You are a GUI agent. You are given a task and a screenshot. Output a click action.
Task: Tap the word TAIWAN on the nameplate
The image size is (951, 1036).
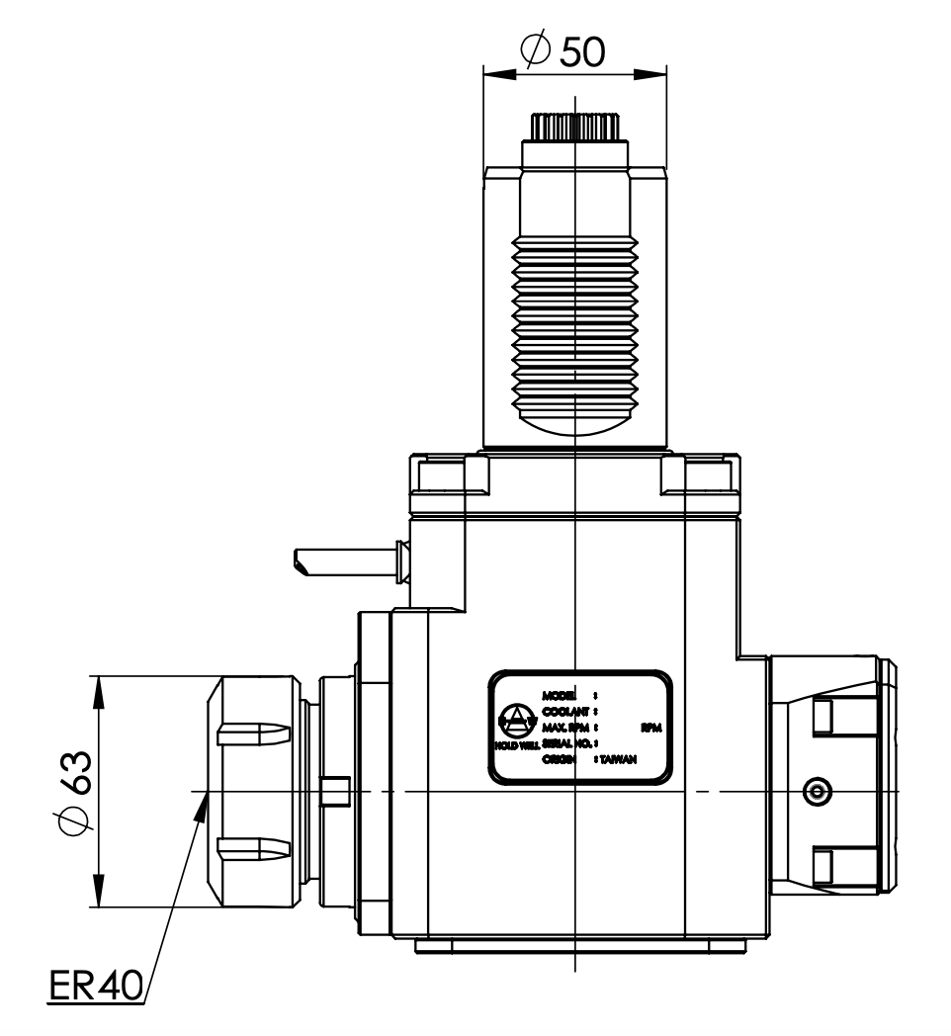pyautogui.click(x=617, y=759)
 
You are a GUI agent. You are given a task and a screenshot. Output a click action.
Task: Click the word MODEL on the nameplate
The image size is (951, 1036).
pyautogui.click(x=560, y=697)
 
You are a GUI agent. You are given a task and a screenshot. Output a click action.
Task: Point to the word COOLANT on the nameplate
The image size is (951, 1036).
pyautogui.click(x=566, y=712)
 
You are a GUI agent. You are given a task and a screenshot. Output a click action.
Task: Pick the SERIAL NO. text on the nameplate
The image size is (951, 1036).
pyautogui.click(x=565, y=742)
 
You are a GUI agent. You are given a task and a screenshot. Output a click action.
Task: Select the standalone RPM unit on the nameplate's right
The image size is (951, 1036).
pyautogui.click(x=649, y=728)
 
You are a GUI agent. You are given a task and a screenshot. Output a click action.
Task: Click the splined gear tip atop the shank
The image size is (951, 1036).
pyautogui.click(x=574, y=128)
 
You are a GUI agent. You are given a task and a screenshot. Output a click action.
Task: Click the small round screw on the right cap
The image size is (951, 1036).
pyautogui.click(x=817, y=790)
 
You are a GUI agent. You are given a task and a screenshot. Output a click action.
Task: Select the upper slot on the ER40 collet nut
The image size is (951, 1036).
pyautogui.click(x=253, y=734)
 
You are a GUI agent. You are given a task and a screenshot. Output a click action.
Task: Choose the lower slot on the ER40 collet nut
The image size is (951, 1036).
pyautogui.click(x=253, y=847)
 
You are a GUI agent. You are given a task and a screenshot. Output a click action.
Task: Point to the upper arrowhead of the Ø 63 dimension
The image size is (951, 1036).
pyautogui.click(x=100, y=690)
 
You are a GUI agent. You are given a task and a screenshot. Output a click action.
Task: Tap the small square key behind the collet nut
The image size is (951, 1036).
pyautogui.click(x=336, y=792)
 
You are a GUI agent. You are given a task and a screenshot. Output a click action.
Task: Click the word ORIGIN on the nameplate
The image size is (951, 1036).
pyautogui.click(x=561, y=759)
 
